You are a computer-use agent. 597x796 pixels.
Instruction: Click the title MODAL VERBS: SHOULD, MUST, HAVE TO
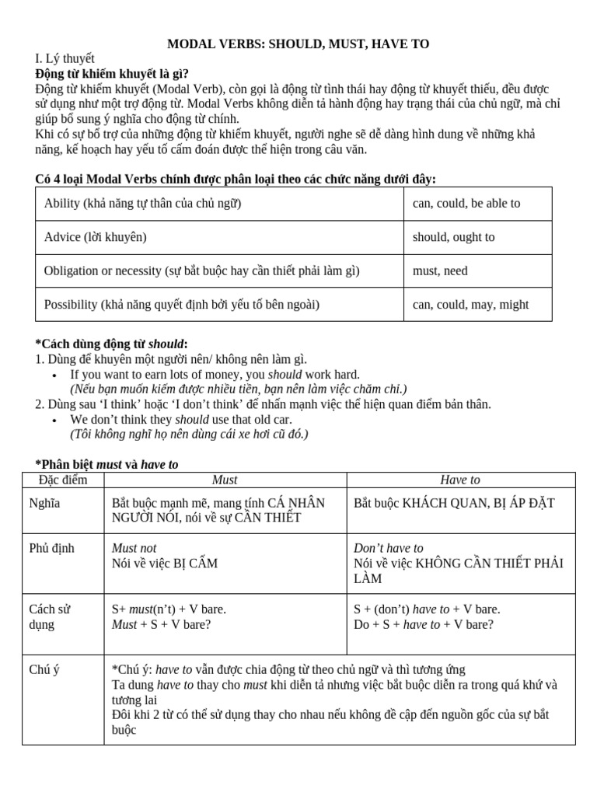coord(298,44)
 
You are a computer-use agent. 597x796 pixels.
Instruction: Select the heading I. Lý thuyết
coord(65,59)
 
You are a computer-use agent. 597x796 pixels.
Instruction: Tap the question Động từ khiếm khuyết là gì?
coord(112,74)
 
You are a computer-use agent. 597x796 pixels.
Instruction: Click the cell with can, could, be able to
coord(466,204)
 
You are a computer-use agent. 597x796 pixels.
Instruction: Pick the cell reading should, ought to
coord(453,237)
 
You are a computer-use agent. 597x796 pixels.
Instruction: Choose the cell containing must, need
coord(440,271)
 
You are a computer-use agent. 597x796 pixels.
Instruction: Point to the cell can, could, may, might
coord(470,305)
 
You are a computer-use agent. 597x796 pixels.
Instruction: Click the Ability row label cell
coord(143,204)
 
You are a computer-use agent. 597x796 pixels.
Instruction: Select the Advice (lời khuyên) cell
coord(96,237)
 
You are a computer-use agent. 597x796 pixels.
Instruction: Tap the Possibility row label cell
coord(182,305)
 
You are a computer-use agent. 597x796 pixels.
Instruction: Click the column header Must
coord(225,480)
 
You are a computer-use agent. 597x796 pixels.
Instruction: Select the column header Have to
coord(460,480)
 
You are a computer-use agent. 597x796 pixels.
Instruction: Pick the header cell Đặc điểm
coord(63,480)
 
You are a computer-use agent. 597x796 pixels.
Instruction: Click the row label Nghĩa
coord(45,503)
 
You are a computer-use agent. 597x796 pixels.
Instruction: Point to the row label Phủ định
coord(52,548)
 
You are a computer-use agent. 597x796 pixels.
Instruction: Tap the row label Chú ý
coord(45,669)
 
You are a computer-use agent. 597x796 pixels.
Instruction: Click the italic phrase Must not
coord(134,548)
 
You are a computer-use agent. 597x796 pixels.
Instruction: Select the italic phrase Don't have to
coord(389,548)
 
